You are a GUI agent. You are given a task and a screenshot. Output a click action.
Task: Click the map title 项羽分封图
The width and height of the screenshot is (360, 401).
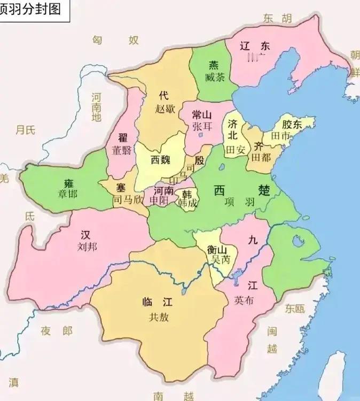[31, 9]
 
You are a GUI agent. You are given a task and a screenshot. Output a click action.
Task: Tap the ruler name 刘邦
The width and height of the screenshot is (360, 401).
[85, 246]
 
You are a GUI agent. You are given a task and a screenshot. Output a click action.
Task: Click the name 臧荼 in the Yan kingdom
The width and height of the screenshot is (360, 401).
[214, 77]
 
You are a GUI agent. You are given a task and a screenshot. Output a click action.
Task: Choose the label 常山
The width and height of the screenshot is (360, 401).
[202, 114]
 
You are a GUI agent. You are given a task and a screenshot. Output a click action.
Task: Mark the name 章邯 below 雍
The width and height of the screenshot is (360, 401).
[68, 194]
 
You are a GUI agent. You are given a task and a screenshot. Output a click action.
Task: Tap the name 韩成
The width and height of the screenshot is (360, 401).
[187, 203]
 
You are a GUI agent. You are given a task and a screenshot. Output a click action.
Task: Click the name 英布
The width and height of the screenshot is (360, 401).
[244, 300]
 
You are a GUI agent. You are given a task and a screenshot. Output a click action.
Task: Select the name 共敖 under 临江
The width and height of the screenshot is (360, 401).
[159, 317]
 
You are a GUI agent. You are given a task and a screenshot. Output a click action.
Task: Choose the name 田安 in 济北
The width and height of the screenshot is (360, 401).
[235, 150]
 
